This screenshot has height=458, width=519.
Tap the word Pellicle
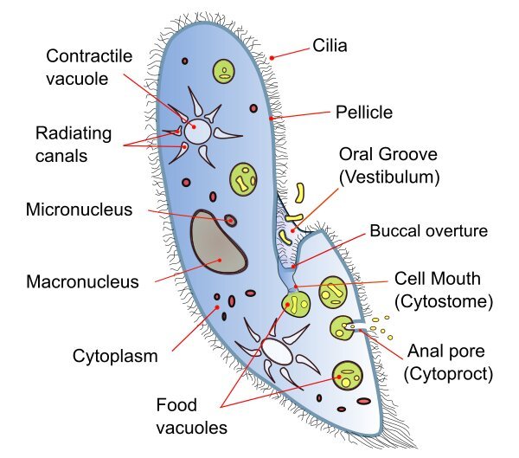pos(364,113)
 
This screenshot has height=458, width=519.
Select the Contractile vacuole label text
pos(88,67)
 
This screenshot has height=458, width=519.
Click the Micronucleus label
pos(79,210)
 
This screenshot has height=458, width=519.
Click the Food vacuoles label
pos(191,415)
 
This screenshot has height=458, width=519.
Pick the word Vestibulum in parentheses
pos(389,177)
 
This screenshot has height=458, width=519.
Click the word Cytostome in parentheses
pos(444,302)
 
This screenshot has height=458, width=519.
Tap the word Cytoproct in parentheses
pos(449,374)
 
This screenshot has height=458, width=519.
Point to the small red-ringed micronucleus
pos(231,220)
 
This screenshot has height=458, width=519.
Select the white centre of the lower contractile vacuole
pos(277,351)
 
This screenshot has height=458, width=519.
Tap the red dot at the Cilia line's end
pos(272,57)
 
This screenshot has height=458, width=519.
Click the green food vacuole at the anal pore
pos(342,327)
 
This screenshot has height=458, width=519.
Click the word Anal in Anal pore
pos(426,352)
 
